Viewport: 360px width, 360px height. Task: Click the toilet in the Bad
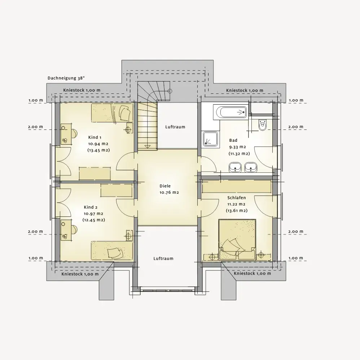[262, 125]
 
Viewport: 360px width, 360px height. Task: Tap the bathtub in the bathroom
[230, 112]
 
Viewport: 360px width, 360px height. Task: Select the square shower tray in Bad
[210, 139]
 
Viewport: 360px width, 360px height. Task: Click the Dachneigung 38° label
[66, 78]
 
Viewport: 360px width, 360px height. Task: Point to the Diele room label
[165, 186]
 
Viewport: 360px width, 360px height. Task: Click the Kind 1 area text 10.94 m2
[98, 144]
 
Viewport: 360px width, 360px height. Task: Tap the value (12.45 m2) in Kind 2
[94, 220]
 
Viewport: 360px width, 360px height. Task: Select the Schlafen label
[237, 198]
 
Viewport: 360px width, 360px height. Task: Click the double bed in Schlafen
[237, 240]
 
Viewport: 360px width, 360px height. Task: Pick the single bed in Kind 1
[112, 113]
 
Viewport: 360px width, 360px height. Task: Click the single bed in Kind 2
[112, 250]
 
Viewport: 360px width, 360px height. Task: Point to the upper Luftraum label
[175, 127]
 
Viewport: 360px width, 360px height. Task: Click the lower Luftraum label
[163, 259]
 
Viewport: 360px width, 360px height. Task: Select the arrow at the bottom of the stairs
[147, 147]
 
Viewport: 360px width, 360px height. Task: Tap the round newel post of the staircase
[170, 91]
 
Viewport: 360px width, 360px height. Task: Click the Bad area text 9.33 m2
[238, 147]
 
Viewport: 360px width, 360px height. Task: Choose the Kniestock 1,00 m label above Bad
[245, 91]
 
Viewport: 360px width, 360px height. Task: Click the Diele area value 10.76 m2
[169, 192]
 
